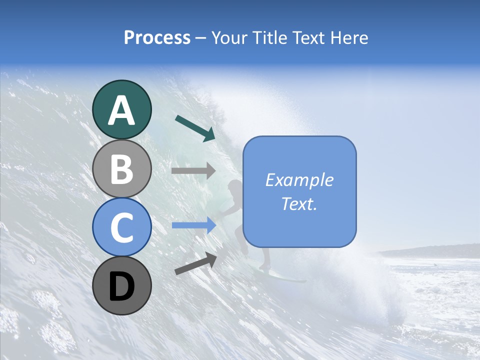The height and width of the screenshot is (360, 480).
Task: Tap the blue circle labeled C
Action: pos(122,228)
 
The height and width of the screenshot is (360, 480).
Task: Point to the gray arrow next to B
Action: pos(193,171)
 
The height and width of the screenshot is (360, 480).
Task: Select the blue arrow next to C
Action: pos(194,225)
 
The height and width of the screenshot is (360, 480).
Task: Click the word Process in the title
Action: pos(157,38)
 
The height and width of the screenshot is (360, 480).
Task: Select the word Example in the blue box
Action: pos(299,180)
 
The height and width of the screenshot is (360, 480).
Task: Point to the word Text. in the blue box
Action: pos(299,203)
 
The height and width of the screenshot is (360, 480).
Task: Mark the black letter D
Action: pos(122,287)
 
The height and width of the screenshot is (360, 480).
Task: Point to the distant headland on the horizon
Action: pos(435,250)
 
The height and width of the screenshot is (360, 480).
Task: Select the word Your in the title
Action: pos(230,38)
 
